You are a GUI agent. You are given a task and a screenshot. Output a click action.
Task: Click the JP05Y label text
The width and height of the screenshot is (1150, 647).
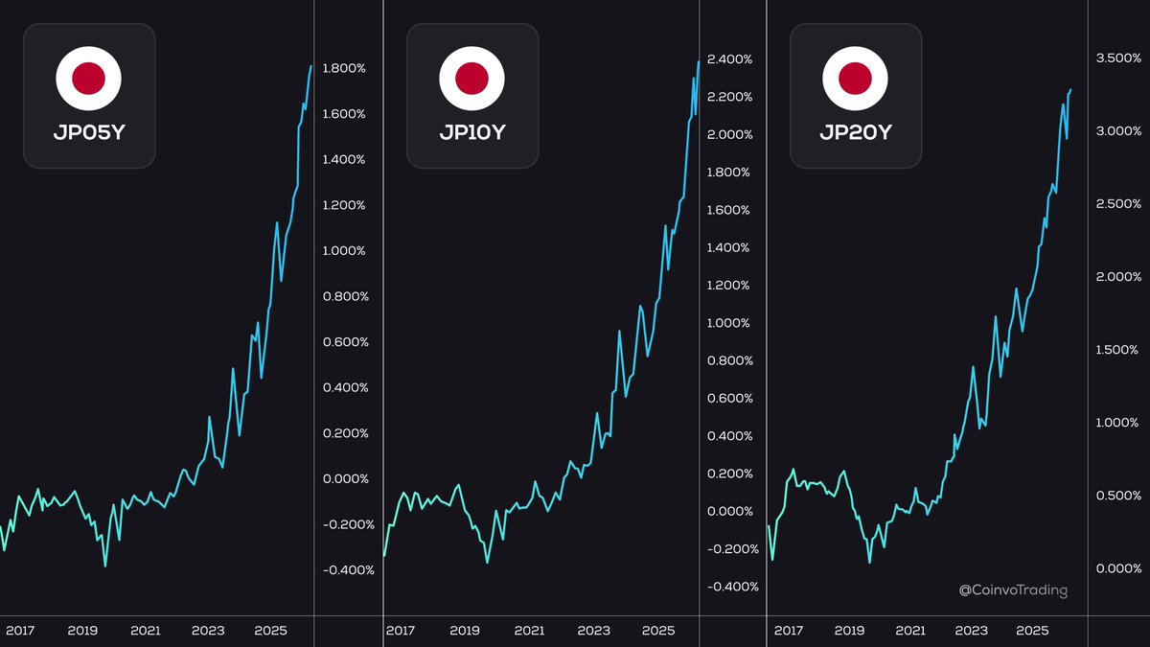89,132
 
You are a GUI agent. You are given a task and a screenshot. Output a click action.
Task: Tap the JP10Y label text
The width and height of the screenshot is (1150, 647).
472,132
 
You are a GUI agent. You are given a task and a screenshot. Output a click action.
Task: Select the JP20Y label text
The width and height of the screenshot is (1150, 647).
856,132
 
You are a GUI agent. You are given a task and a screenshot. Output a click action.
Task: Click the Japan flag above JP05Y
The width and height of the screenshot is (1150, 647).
89,77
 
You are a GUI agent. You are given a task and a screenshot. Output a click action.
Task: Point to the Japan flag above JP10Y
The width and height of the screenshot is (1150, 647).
472,77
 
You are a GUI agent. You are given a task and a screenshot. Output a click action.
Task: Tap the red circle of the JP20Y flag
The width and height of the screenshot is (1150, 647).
856,77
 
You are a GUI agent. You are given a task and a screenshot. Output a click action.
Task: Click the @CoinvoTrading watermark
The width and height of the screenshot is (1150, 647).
1013,590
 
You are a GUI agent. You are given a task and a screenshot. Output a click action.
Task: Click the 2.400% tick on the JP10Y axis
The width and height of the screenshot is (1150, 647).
730,59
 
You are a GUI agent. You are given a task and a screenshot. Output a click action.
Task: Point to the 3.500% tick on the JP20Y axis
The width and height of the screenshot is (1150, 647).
1118,58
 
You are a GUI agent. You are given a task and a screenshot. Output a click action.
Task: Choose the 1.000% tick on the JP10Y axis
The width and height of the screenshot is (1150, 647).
730,323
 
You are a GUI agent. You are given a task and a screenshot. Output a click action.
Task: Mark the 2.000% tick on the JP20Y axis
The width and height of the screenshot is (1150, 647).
1118,277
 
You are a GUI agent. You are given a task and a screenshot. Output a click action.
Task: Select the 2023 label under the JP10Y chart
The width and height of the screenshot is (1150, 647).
594,631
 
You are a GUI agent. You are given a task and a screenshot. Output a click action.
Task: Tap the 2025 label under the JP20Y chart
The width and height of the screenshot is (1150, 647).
1032,631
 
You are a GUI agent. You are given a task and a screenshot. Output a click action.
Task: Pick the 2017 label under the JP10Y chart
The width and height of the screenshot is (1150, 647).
401,631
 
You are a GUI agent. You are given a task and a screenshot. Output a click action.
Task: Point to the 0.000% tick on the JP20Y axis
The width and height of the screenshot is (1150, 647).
1118,568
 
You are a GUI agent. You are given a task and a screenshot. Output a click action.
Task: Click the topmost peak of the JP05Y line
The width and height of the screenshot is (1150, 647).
310,66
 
